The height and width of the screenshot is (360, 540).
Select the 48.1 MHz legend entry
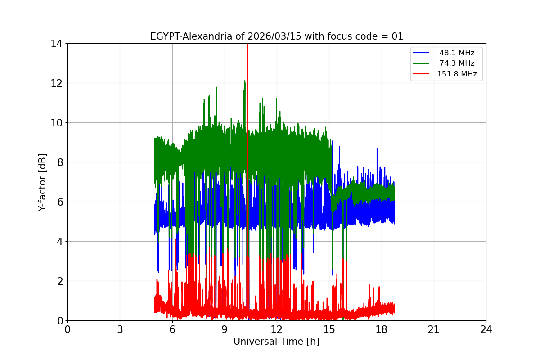pos(456,53)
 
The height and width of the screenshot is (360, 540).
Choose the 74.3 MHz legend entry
pos(456,63)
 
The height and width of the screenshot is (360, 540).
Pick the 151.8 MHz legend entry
pos(456,74)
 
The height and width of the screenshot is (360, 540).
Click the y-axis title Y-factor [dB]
pos(42,182)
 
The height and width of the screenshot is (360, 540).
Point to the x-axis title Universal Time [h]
pos(276,342)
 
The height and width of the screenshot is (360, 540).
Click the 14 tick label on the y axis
pos(56,44)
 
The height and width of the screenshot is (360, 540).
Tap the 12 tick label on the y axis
pos(56,83)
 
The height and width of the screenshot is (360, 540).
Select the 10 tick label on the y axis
pos(56,123)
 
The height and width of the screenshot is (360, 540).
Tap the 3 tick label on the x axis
pos(120,329)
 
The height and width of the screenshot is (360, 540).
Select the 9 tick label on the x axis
pos(225,329)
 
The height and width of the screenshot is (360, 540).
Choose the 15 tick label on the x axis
pos(329,329)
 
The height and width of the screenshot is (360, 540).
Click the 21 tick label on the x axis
pos(434,329)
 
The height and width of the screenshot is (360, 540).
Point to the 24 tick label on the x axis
pos(486,329)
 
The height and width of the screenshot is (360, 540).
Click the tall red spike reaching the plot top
pos(247,90)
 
